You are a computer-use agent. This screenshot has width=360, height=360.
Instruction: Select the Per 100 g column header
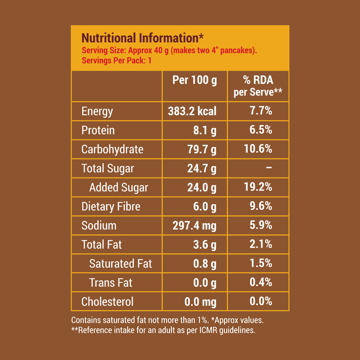click(194, 80)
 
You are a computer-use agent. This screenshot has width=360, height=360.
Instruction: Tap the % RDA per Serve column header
click(258, 86)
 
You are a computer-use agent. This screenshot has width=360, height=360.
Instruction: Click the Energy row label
click(97, 111)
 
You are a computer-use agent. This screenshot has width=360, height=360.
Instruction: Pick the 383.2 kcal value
click(192, 111)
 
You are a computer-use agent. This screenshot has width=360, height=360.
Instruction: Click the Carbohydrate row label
click(112, 149)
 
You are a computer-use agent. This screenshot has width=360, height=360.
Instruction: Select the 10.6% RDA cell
click(258, 149)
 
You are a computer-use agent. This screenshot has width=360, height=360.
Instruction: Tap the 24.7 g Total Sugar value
click(202, 168)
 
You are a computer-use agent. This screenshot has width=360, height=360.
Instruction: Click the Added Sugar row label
click(119, 187)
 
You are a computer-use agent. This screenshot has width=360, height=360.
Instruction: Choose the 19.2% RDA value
click(258, 187)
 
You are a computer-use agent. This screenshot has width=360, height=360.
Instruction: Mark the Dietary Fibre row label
click(111, 206)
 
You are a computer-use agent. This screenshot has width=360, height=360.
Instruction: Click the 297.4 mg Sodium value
click(194, 226)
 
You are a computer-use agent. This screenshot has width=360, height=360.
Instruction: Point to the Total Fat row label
click(102, 244)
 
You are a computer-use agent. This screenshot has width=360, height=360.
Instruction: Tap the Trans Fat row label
click(111, 283)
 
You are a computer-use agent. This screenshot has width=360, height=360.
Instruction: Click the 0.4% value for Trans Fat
click(261, 283)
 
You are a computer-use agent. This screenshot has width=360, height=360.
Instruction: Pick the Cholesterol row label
click(108, 301)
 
